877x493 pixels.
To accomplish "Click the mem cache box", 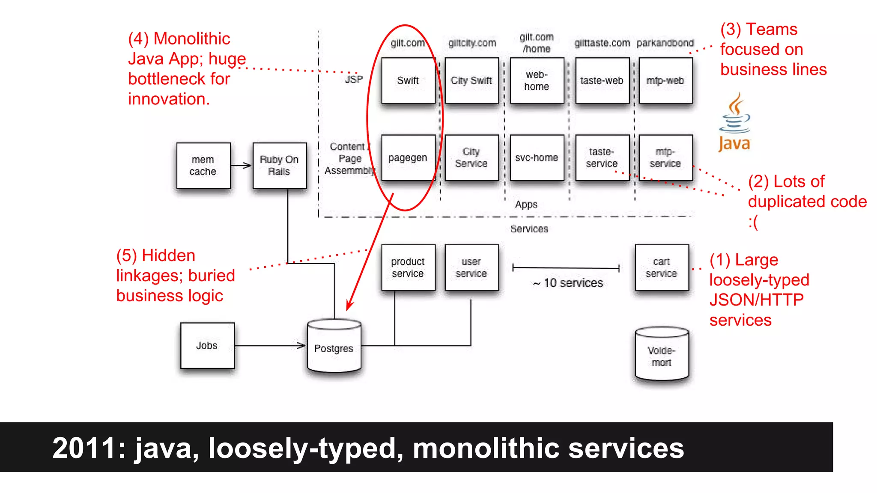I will pos(203,166).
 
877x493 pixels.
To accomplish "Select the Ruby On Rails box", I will pos(280,166).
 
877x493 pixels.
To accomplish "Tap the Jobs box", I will pos(207,345).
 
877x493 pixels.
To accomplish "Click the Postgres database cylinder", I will pos(334,347).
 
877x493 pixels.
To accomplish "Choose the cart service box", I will pos(662,267).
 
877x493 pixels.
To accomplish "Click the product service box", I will pos(408,267).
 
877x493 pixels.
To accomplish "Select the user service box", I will pos(471,267).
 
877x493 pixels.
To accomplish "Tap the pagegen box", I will pos(408,158).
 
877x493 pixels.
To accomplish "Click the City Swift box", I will pos(471,80).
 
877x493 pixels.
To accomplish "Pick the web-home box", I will pos(537,80).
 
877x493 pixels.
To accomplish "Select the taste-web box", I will pos(602,80).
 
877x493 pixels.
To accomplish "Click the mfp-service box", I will pos(665,158).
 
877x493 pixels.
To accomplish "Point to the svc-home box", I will pos(537,158).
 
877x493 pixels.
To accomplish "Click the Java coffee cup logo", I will pos(735,122).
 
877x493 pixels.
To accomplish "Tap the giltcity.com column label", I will pos(472,43).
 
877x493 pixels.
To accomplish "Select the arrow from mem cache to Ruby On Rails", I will pos(241,166).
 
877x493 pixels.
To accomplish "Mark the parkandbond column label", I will pos(665,43).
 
